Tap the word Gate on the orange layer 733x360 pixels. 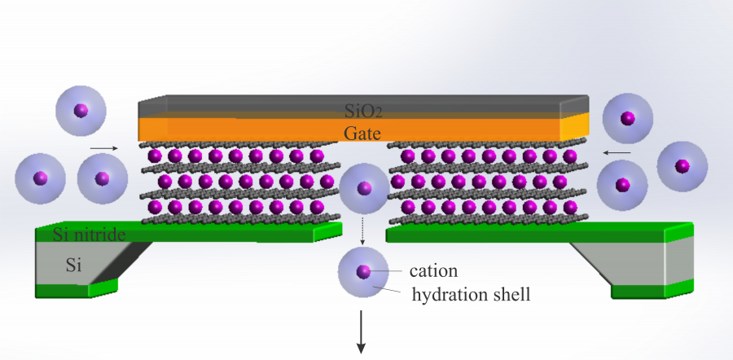[362, 132]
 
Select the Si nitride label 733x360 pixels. [89, 235]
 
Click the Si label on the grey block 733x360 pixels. [73, 264]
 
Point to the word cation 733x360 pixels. [435, 270]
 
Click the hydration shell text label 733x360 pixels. [472, 294]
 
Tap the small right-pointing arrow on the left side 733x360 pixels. [103, 148]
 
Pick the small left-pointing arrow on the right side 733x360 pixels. [617, 151]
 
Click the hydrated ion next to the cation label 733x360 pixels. [362, 271]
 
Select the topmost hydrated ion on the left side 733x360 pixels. [81, 112]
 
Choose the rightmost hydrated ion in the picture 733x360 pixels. [682, 166]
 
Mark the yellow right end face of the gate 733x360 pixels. [575, 126]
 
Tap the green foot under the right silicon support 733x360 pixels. [652, 291]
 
